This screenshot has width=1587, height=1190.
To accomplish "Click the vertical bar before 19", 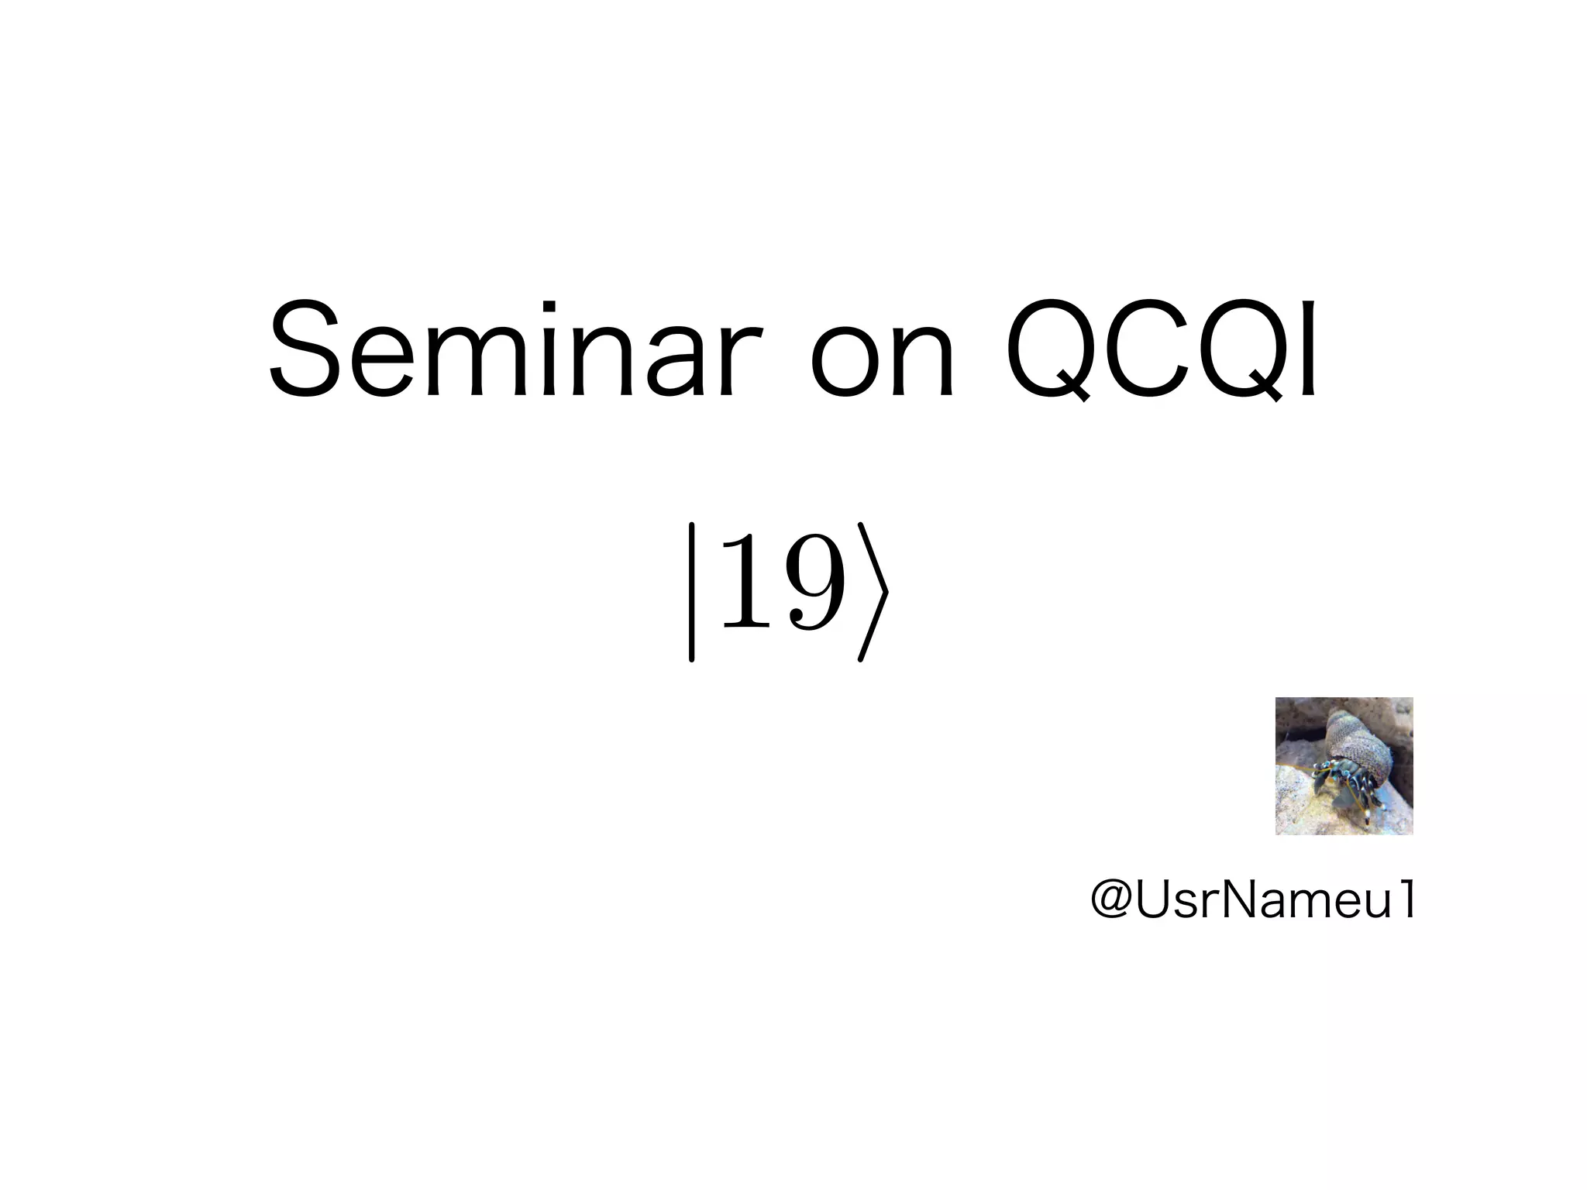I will (x=691, y=593).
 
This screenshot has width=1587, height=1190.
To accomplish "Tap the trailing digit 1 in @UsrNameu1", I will (x=1405, y=900).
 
